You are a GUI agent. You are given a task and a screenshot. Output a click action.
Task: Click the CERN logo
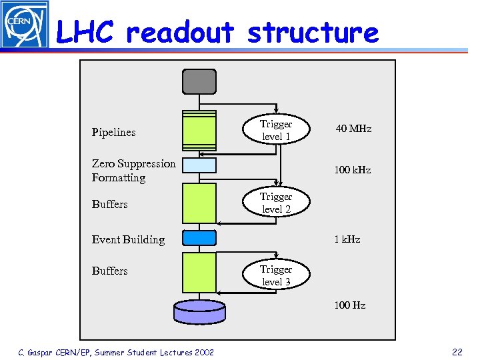pos(24,24)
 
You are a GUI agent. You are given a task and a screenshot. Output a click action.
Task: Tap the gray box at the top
pos(199,81)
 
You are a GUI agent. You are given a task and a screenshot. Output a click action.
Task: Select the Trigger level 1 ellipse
pos(276,131)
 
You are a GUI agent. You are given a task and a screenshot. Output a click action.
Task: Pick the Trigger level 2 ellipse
pos(276,203)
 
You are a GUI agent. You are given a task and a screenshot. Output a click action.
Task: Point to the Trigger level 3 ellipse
pos(276,275)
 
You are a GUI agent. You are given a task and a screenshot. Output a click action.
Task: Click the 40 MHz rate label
pos(353,129)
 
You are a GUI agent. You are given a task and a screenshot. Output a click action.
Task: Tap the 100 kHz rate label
pos(352,170)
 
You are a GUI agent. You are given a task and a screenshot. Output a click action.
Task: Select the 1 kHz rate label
pos(347,239)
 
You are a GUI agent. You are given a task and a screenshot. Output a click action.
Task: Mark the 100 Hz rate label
pos(349,305)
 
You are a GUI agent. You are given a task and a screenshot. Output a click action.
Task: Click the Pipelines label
pos(113,132)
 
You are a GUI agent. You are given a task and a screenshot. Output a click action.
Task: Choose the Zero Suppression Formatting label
pos(133,171)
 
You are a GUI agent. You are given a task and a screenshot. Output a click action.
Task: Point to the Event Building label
pos(128,239)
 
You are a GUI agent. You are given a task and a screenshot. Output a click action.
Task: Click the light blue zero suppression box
pos(199,165)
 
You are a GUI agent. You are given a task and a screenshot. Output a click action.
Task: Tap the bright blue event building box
pos(199,238)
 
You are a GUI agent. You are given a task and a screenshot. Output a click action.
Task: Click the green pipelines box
pos(199,131)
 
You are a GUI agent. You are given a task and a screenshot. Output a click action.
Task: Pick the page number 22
pos(457,351)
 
